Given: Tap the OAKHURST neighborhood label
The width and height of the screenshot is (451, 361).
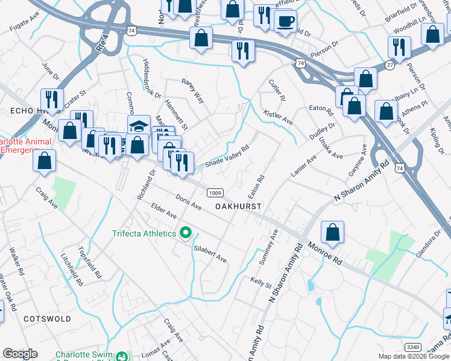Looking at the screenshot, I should [x=239, y=206].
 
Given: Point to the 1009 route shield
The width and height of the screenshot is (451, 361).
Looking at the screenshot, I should [x=216, y=193].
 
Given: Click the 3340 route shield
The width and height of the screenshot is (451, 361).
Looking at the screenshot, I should [x=413, y=347].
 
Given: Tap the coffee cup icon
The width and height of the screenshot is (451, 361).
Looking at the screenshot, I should [x=285, y=21].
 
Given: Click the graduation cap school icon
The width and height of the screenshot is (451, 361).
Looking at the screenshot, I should [x=139, y=126].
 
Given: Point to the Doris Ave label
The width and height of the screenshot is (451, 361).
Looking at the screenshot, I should [x=188, y=202].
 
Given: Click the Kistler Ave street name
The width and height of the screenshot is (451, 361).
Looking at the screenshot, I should [x=279, y=117].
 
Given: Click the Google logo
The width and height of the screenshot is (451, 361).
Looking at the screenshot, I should [x=20, y=354].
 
